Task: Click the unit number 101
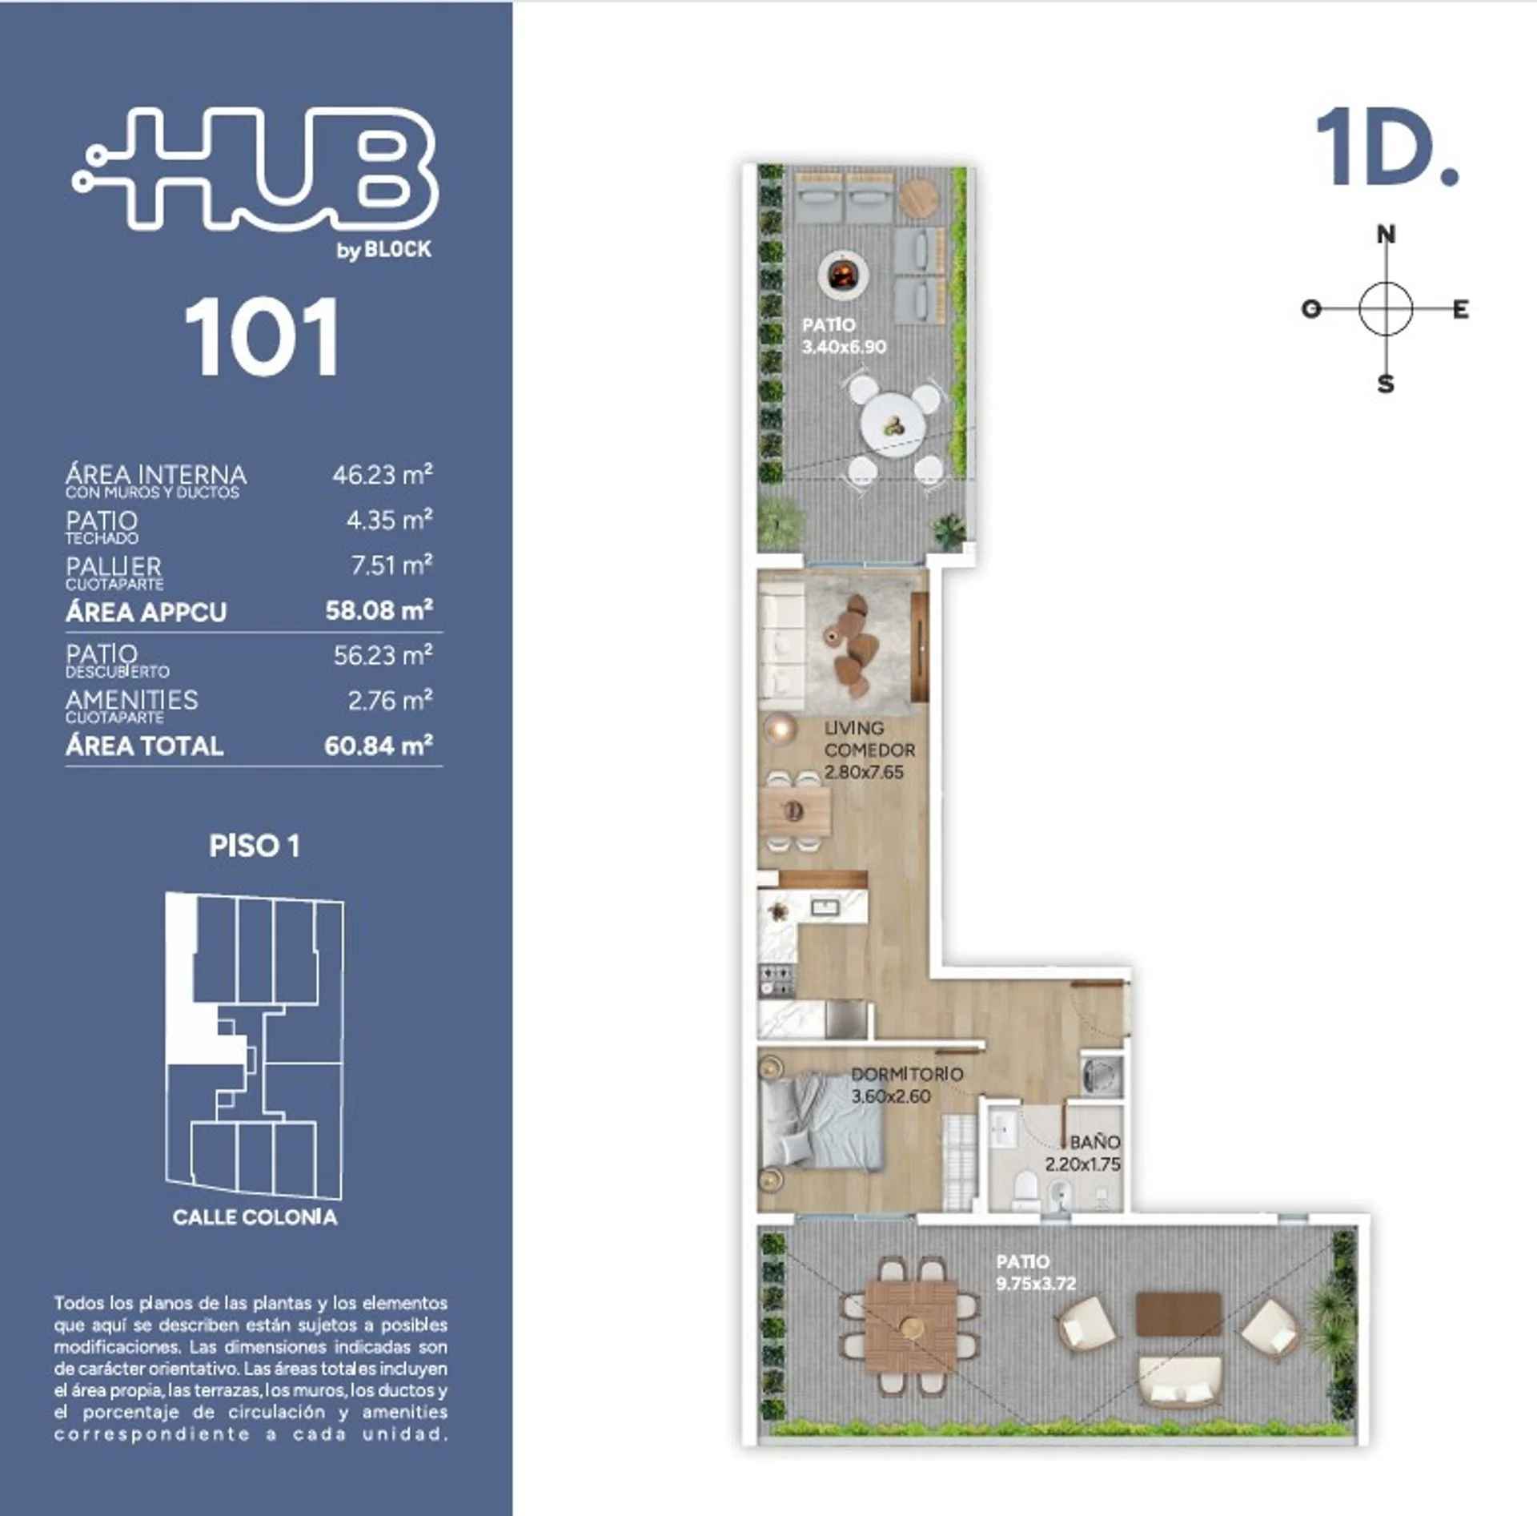(x=262, y=337)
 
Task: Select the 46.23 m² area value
(x=383, y=474)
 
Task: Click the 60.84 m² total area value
(x=379, y=746)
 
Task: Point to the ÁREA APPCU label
(x=146, y=613)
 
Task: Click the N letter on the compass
(x=1386, y=235)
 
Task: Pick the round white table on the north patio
(x=893, y=428)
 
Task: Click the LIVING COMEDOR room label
(x=869, y=739)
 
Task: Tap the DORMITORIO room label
(x=907, y=1075)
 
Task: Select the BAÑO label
(x=1095, y=1143)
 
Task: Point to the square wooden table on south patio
(x=911, y=1326)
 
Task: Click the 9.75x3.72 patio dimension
(x=1036, y=1284)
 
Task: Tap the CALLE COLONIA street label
(x=255, y=1217)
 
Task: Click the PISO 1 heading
(x=255, y=846)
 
